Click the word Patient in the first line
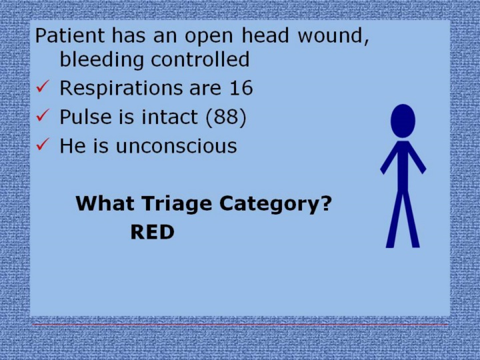(x=69, y=35)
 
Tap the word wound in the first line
(x=333, y=35)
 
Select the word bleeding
(x=101, y=60)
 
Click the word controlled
(x=200, y=59)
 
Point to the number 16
(x=241, y=88)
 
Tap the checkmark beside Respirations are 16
(x=43, y=86)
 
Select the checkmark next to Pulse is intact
(x=43, y=115)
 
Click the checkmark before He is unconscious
(x=43, y=144)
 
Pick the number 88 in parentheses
(x=226, y=117)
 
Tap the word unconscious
(x=176, y=146)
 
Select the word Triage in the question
(x=177, y=204)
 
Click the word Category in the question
(x=275, y=204)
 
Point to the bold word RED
(x=153, y=232)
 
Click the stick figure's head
(x=403, y=121)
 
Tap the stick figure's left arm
(x=389, y=158)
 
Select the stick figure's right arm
(x=417, y=158)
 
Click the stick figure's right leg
(x=411, y=219)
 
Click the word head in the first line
(x=265, y=35)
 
